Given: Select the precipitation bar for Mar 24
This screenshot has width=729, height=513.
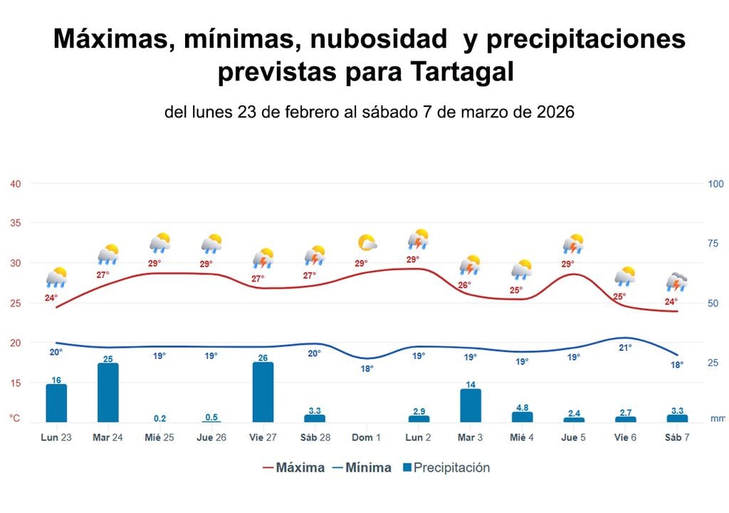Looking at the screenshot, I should click(108, 393).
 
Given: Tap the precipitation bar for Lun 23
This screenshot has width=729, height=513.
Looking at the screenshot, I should click(56, 403).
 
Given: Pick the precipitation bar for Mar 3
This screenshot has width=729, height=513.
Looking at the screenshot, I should click(471, 405).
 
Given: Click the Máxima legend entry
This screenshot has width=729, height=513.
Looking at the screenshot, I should click(293, 468).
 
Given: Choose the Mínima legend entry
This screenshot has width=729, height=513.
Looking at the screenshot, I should click(361, 468).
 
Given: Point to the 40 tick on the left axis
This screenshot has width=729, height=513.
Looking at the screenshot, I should click(15, 184).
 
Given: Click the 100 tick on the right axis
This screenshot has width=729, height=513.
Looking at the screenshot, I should click(715, 184).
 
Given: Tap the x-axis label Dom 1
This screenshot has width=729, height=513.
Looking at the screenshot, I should click(367, 437).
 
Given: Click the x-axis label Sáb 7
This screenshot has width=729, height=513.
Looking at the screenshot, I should click(677, 437).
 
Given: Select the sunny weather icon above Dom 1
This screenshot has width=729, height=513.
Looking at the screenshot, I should click(367, 244).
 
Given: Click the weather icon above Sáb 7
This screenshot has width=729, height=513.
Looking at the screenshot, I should click(676, 283).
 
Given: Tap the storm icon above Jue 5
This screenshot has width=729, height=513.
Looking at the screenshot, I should click(573, 244).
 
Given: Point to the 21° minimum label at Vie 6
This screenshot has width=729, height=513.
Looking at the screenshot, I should click(625, 348).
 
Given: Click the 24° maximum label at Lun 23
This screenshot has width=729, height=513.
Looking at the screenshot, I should click(51, 298).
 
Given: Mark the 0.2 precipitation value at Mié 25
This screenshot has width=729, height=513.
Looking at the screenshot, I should click(159, 418).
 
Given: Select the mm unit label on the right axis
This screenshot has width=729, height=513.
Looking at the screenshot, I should click(717, 419).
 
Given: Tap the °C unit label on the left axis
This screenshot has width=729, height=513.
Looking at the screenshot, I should click(14, 419).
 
